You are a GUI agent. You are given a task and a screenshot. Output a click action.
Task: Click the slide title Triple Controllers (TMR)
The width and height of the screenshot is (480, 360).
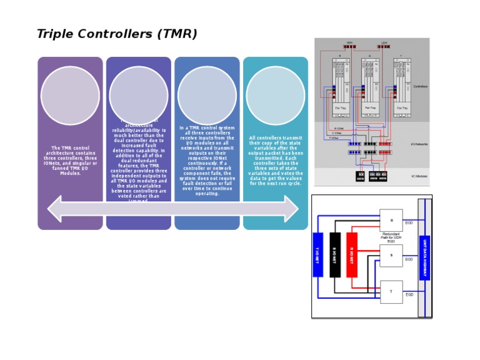[117, 34]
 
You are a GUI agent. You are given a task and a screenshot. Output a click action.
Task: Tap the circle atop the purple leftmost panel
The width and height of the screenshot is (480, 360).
[70, 96]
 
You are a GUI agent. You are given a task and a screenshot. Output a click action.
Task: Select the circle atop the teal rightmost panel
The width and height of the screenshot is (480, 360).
[275, 96]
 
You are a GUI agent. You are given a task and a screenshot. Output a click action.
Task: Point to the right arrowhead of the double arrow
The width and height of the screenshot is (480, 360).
[291, 208]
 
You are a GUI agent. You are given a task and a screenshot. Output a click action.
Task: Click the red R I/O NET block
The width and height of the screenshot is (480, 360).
[352, 254]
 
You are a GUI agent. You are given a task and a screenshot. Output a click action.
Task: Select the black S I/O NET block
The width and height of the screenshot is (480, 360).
[335, 254]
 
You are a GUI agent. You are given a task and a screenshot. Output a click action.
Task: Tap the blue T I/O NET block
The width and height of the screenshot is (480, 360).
[317, 254]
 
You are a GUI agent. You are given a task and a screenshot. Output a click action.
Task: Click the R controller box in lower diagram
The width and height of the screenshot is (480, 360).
[391, 220]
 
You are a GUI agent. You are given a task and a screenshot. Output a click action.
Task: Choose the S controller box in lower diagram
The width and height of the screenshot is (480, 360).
[391, 256]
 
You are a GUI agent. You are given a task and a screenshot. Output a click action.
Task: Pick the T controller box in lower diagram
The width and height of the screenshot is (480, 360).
[391, 292]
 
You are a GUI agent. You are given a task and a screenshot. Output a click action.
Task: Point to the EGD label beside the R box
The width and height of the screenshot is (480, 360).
[409, 223]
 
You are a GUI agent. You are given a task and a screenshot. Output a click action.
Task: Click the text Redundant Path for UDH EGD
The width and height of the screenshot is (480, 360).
[391, 237]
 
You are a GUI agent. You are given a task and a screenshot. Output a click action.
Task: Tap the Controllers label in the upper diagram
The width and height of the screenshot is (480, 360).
[421, 86]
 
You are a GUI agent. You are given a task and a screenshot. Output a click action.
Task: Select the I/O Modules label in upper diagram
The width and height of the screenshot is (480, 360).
[419, 176]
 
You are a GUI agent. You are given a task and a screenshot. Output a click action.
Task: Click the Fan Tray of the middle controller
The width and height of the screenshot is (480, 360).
[370, 107]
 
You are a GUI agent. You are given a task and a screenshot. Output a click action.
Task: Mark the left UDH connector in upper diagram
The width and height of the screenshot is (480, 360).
[350, 46]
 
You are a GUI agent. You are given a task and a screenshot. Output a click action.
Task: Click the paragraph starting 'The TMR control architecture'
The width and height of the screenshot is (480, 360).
[70, 161]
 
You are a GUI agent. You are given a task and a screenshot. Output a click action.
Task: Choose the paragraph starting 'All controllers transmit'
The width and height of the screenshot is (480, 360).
[275, 161]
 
